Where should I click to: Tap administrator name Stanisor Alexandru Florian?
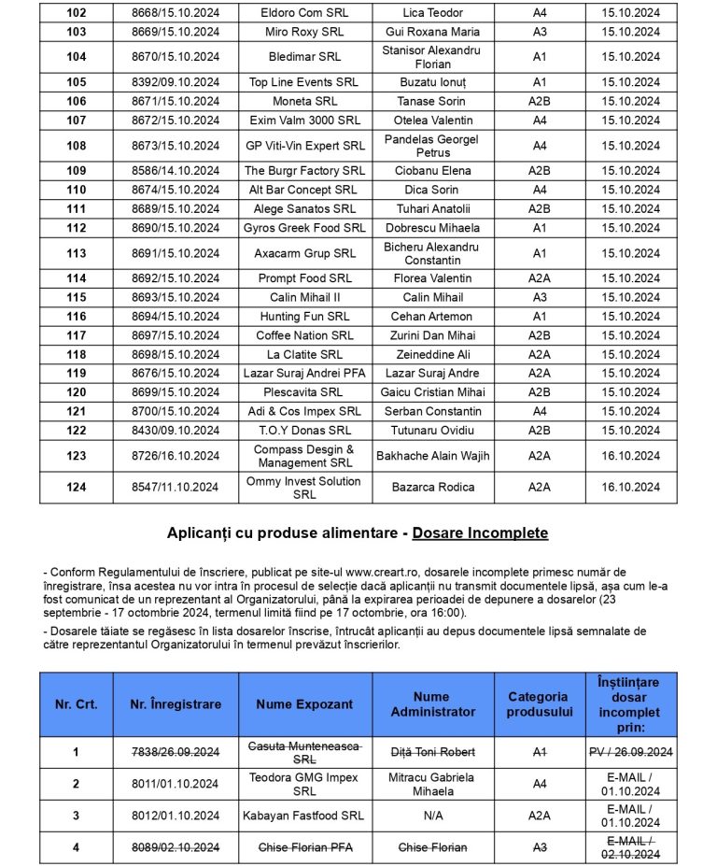431,57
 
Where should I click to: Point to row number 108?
77,146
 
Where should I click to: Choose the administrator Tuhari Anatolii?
431,208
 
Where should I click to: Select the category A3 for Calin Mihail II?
540,297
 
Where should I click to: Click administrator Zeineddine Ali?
431,354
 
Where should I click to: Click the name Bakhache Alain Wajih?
433,456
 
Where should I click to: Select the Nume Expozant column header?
305,704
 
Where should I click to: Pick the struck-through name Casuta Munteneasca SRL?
305,752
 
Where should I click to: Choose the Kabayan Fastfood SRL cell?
305,816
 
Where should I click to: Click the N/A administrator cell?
431,816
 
